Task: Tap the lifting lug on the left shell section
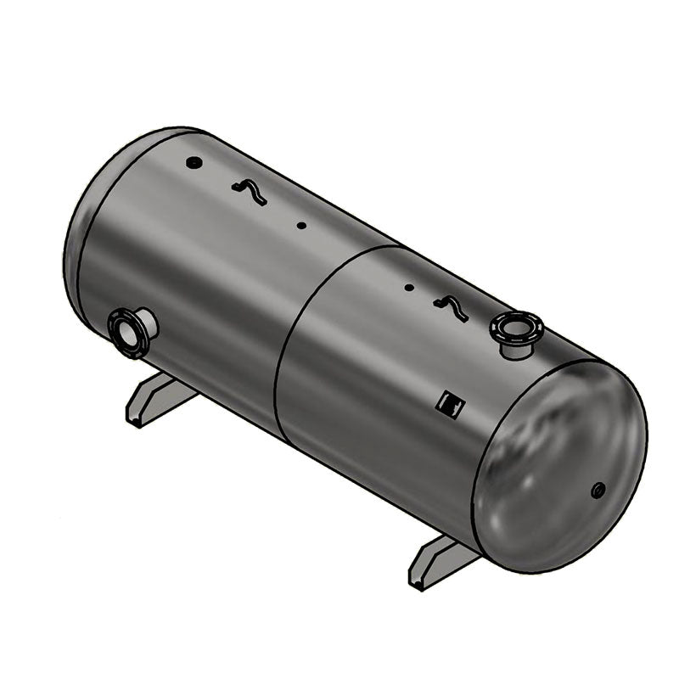point(250,193)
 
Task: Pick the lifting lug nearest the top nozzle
point(451,308)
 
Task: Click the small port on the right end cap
point(598,489)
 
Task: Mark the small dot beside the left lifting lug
point(300,225)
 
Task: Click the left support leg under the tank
point(157,400)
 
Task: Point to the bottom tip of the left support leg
point(133,421)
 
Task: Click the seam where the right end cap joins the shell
point(484,458)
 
